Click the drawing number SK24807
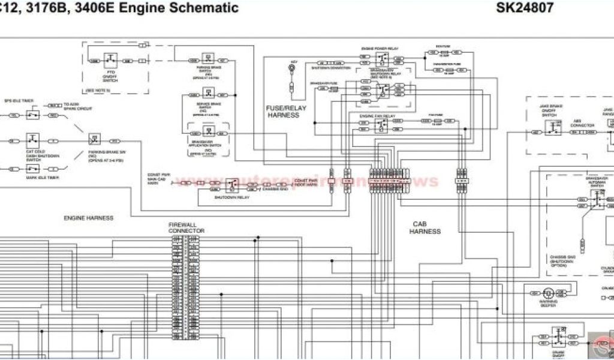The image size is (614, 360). (x=525, y=8)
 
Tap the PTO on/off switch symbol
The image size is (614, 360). (x=111, y=60)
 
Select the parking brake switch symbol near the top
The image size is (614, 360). (x=207, y=59)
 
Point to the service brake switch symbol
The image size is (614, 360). (x=207, y=93)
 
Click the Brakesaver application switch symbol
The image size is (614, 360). (x=208, y=131)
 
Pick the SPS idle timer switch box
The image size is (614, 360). (x=32, y=114)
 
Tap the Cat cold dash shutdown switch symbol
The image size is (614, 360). (x=32, y=142)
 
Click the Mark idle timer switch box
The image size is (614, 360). (x=32, y=169)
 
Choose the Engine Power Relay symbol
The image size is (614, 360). (x=381, y=59)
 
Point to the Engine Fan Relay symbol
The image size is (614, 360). (x=381, y=125)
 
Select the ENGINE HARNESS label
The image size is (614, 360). (x=89, y=218)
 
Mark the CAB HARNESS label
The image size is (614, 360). (x=425, y=228)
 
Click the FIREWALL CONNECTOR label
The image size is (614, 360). (x=186, y=228)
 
